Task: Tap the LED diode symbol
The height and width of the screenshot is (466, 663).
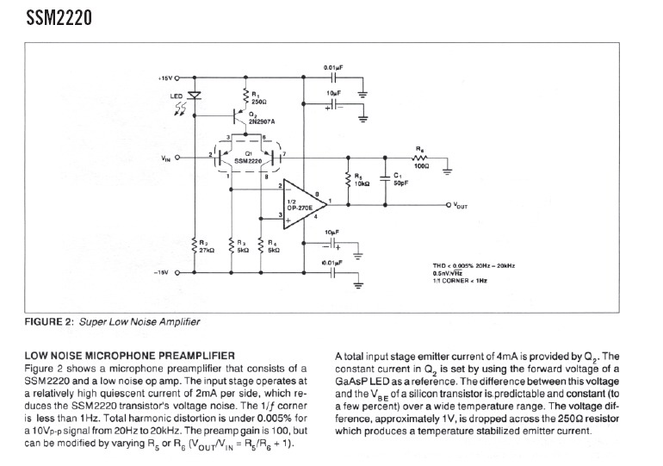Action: click(x=195, y=96)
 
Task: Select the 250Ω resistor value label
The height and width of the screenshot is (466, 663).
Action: click(x=257, y=102)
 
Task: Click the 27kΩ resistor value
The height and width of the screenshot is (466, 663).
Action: click(x=206, y=250)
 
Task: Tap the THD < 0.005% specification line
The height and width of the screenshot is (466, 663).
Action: click(x=473, y=266)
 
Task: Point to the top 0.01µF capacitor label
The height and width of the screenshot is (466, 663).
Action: click(x=334, y=66)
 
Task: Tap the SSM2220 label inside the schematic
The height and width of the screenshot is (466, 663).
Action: click(x=246, y=160)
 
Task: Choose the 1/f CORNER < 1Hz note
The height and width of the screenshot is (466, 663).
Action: click(x=460, y=282)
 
